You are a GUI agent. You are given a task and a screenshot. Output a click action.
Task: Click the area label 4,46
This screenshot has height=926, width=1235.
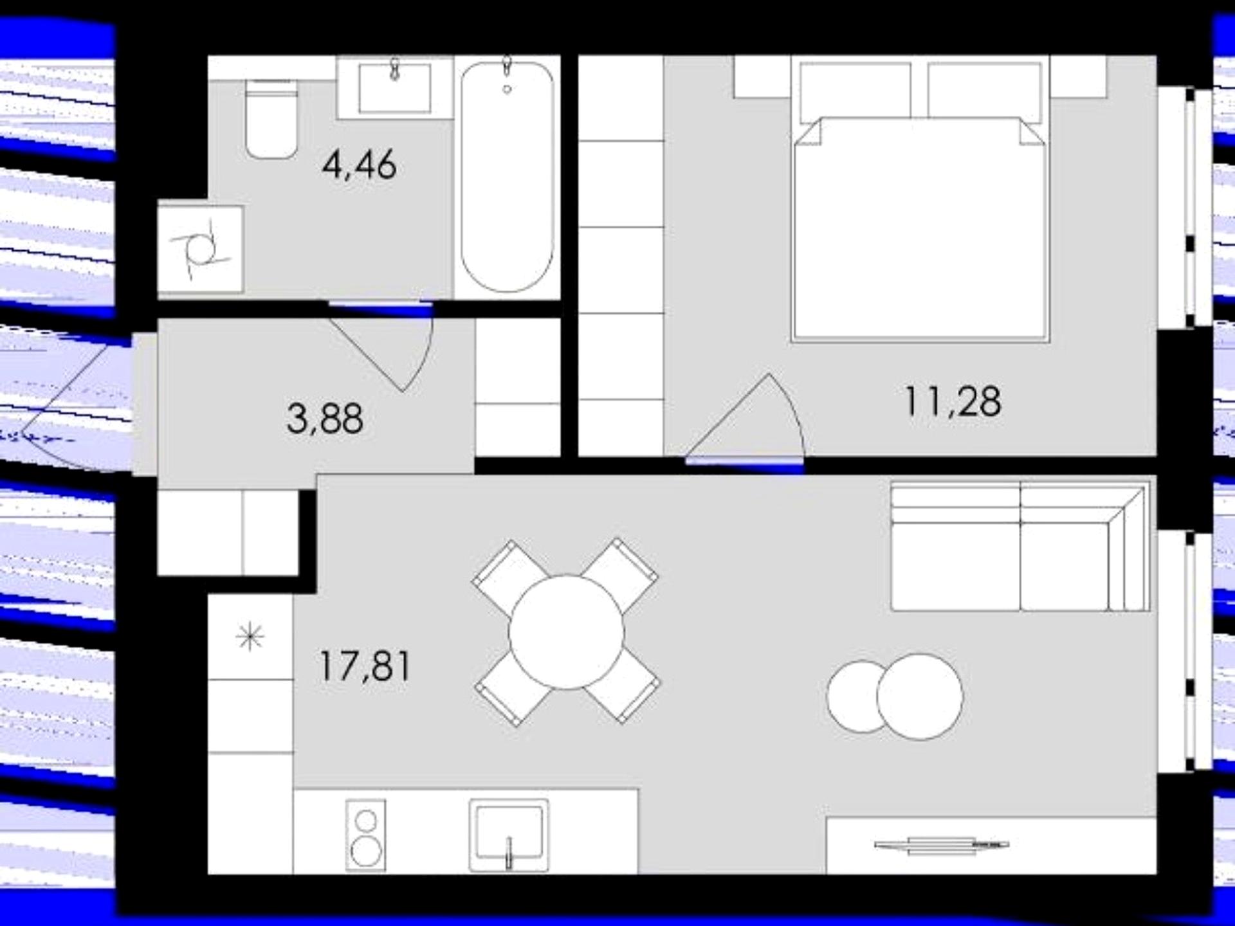359,165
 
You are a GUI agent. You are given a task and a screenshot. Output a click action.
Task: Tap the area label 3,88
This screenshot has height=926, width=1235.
325,419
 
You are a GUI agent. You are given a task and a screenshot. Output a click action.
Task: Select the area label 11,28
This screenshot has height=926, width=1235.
953,401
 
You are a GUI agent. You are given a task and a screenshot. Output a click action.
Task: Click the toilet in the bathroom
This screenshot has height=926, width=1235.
271,120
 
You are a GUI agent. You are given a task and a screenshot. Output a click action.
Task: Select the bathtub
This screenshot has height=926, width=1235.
507,176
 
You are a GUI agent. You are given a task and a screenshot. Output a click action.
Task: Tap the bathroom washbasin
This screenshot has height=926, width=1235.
395,87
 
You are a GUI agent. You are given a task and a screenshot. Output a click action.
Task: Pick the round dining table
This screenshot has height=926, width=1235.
566,632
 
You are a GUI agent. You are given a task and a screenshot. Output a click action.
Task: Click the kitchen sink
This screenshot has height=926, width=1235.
509,835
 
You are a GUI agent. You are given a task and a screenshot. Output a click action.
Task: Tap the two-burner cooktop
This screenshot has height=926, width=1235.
366,835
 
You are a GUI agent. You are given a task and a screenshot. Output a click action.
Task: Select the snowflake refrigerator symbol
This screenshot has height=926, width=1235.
250,637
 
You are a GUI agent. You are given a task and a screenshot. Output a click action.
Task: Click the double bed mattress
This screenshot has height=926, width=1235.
920,228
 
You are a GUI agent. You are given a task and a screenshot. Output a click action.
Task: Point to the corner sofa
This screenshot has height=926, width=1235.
1020,547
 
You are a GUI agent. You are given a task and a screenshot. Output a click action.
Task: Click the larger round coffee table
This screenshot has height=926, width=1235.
920,696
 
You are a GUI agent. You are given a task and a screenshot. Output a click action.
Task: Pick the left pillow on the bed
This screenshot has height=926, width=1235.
855,93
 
